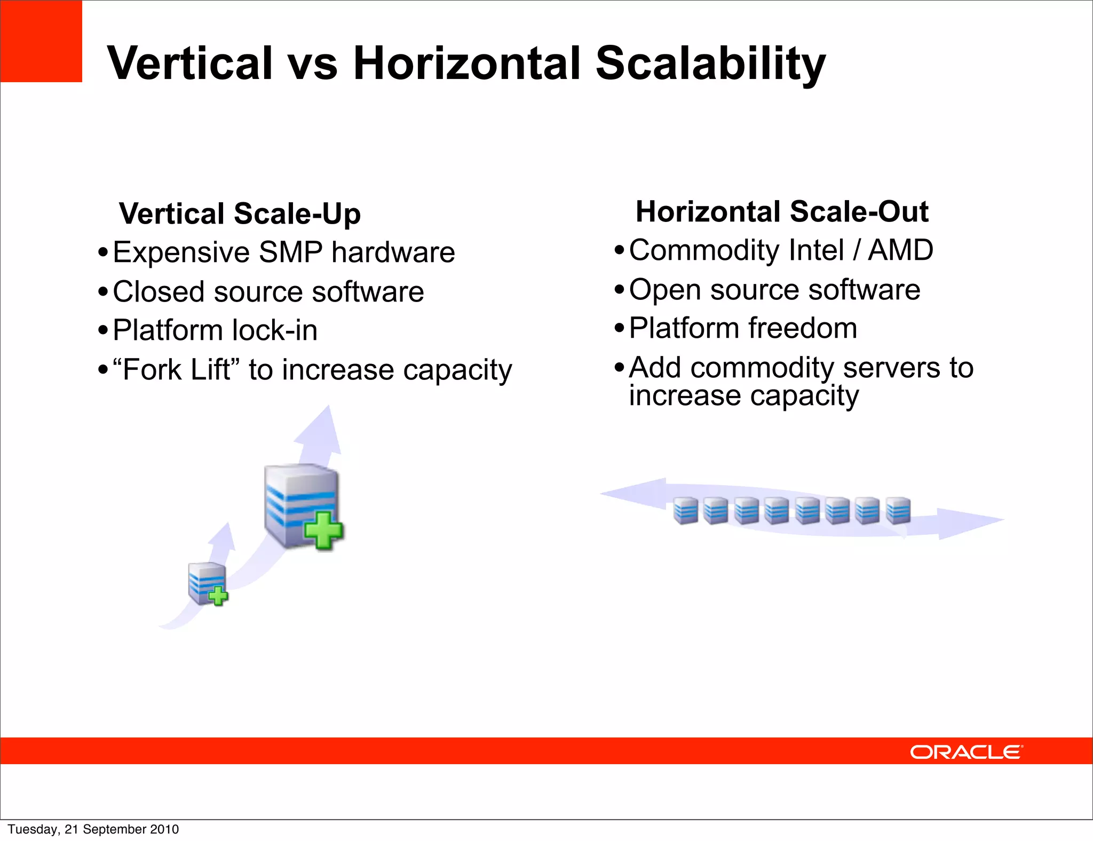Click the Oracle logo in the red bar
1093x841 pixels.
(966, 752)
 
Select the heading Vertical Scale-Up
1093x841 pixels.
(240, 213)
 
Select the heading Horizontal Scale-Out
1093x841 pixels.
(782, 211)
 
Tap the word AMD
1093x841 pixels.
(900, 250)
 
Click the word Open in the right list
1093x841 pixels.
(664, 290)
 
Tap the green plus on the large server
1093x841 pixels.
(323, 530)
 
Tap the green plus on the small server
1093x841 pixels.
(218, 596)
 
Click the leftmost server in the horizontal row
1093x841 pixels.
(685, 511)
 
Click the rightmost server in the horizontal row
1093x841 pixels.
(898, 511)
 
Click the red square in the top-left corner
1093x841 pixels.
(41, 41)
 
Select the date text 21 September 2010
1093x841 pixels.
(122, 829)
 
